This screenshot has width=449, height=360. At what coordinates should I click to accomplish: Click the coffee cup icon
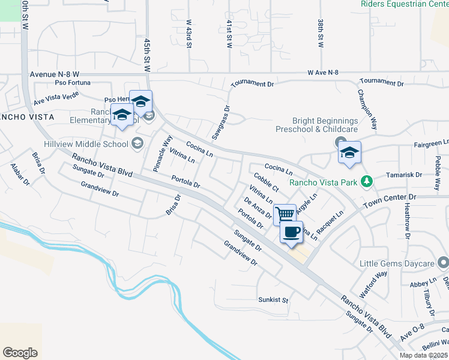[291, 232]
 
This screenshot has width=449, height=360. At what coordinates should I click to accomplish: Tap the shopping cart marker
[285, 214]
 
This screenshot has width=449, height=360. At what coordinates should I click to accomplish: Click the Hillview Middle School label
[86, 143]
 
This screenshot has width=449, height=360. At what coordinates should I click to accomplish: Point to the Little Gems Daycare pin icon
[444, 263]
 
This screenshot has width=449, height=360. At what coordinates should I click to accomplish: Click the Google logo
[20, 353]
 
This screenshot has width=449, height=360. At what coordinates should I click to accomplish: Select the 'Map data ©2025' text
[424, 355]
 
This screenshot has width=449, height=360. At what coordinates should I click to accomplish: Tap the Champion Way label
[367, 110]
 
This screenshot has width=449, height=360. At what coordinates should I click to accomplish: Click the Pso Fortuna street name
[73, 82]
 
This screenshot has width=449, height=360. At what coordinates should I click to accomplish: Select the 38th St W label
[320, 32]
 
